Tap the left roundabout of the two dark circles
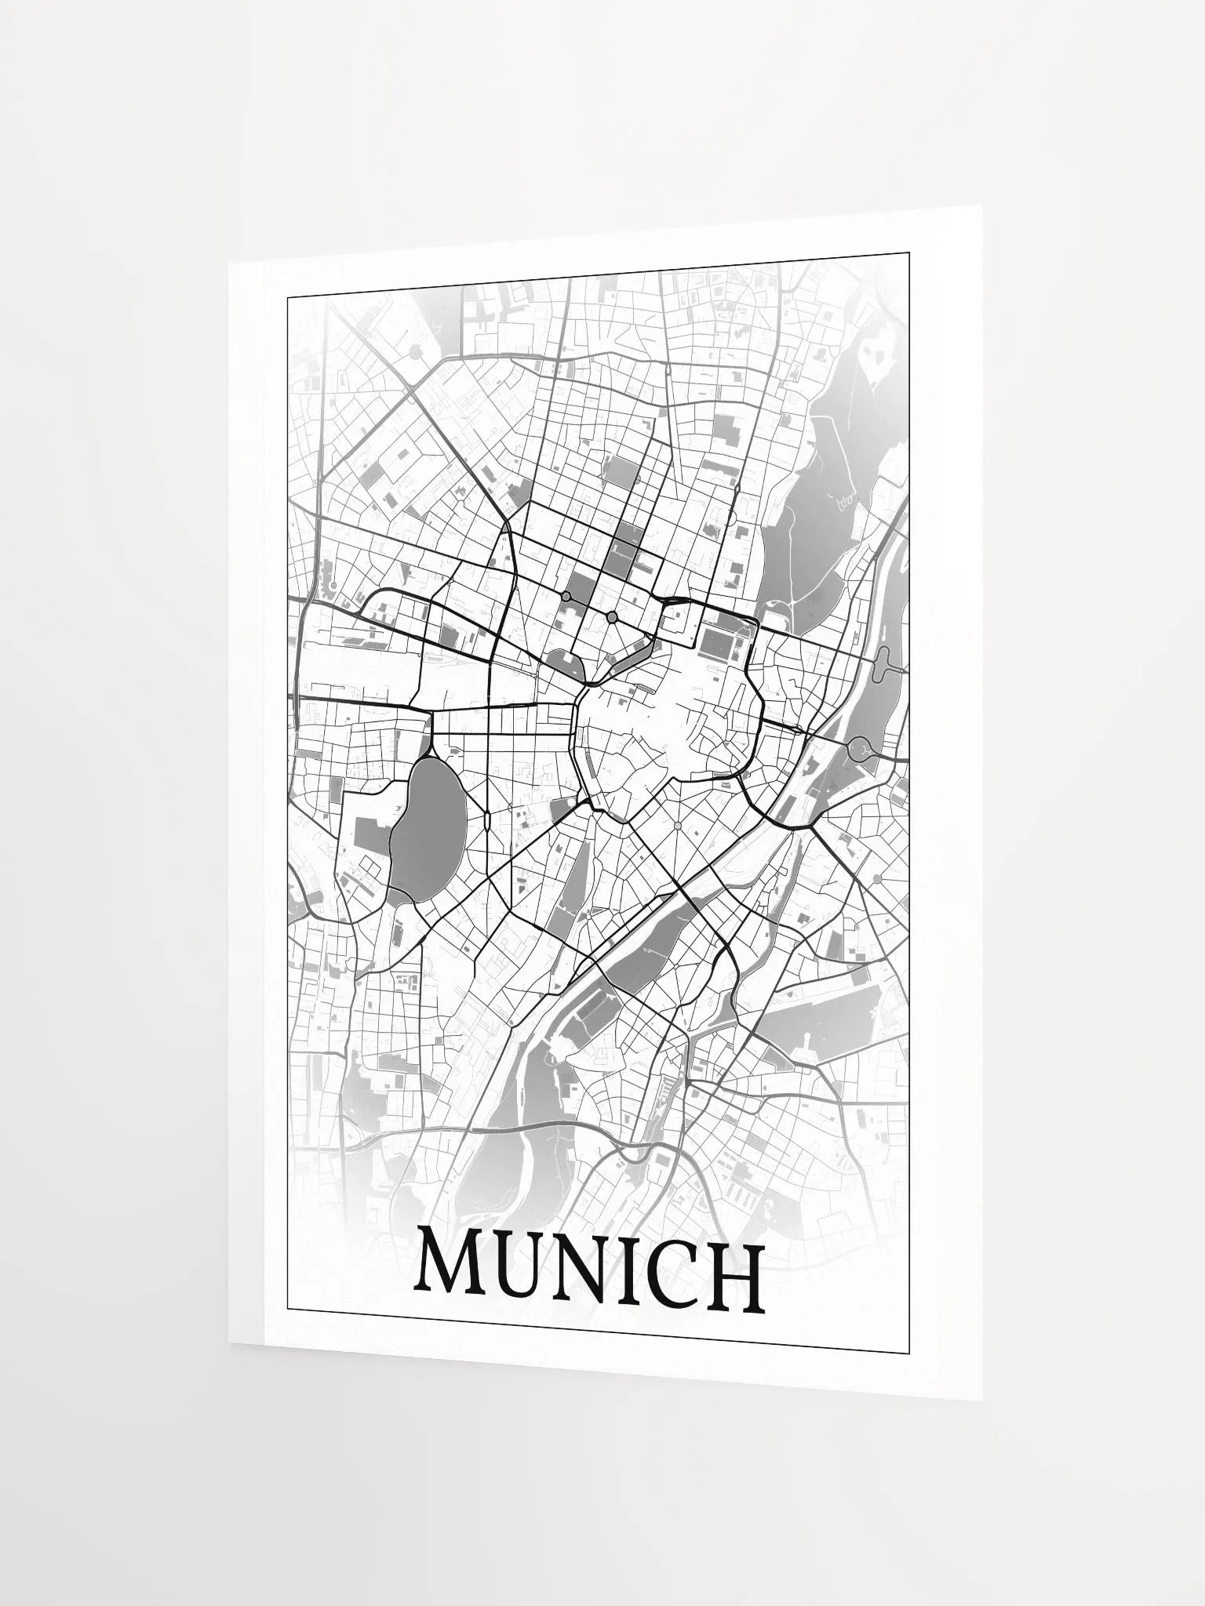point(566,597)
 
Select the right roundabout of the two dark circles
point(612,618)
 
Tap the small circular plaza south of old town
point(676,827)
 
